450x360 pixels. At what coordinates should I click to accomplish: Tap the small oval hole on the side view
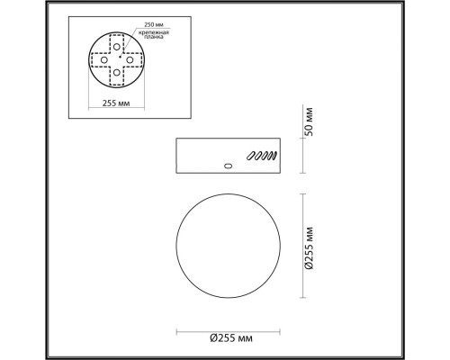(x=228, y=166)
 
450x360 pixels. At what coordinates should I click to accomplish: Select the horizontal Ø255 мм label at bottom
(x=230, y=337)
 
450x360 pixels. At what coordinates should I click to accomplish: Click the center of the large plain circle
(x=230, y=242)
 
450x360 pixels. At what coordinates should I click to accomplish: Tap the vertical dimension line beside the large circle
(x=301, y=242)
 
